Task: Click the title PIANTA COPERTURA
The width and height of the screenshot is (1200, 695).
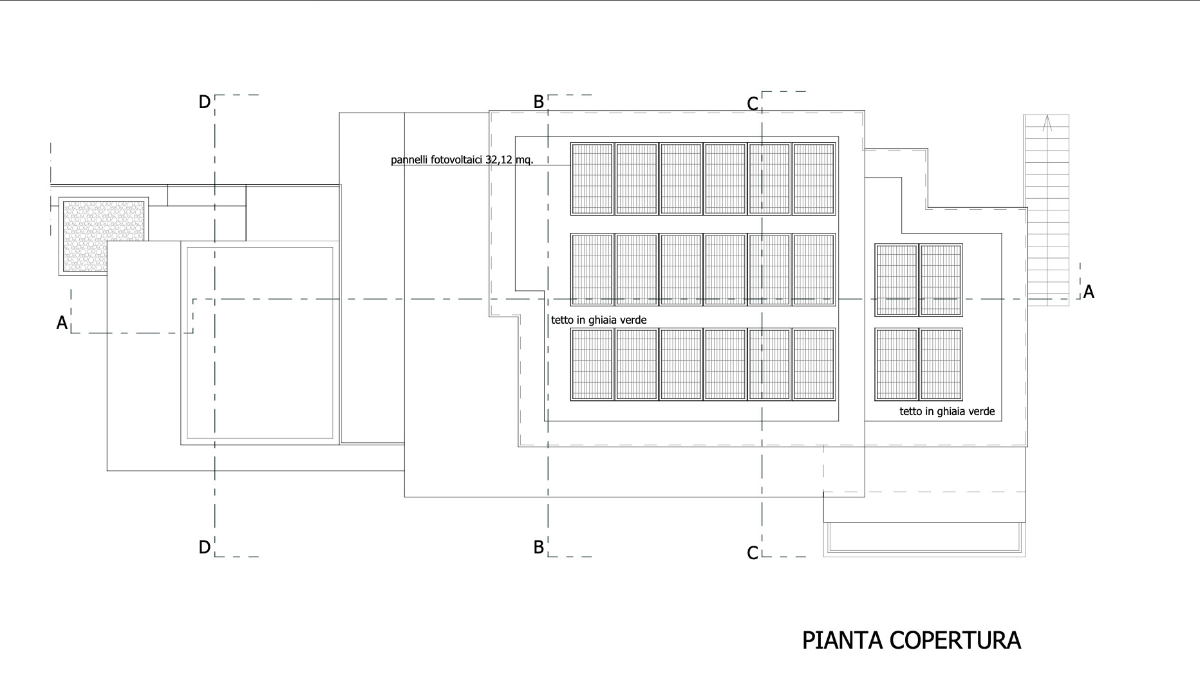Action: point(912,640)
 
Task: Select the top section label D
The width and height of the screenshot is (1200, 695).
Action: point(204,102)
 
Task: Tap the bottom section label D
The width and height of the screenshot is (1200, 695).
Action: point(204,547)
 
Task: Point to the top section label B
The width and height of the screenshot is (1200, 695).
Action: point(539,102)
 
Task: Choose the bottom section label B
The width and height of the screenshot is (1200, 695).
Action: point(539,547)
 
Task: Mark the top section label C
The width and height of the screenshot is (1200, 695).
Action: point(753,104)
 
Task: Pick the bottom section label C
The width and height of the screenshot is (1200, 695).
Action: point(753,553)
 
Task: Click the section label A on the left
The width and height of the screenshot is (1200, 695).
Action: point(62,322)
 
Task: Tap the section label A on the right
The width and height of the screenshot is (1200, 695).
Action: point(1089,292)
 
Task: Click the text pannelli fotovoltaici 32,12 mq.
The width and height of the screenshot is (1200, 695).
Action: point(462,160)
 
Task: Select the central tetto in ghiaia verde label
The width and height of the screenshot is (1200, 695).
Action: point(599,320)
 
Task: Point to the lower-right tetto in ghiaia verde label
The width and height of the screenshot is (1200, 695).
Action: point(947,411)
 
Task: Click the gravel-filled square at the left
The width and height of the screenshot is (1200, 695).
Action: point(104,236)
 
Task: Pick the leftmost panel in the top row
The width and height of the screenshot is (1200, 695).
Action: point(592,178)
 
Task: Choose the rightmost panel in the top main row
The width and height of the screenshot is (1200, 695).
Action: point(814,178)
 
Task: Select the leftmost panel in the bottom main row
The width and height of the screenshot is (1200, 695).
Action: point(592,364)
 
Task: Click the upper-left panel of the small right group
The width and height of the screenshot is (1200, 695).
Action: point(896,280)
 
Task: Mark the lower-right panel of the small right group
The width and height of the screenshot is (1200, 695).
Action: point(941,364)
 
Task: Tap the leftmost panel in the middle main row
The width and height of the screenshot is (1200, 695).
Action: point(592,269)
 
